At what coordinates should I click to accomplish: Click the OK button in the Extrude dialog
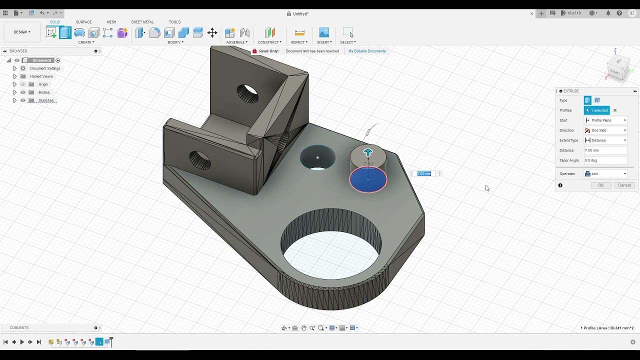[x=601, y=185]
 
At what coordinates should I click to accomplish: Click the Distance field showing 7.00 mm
[x=605, y=150]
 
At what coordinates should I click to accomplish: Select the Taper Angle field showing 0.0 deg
[x=605, y=160]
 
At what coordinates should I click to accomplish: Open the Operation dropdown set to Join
[x=605, y=174]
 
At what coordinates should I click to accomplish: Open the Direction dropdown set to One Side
[x=605, y=130]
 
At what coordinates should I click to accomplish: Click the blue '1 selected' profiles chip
[x=597, y=110]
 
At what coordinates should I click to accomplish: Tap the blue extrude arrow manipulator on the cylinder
[x=368, y=152]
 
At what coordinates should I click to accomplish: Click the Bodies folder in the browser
[x=44, y=92]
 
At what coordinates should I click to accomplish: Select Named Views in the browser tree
[x=41, y=76]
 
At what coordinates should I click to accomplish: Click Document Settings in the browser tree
[x=45, y=68]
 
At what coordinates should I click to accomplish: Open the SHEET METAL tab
[x=142, y=22]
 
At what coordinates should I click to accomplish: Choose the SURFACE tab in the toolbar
[x=83, y=22]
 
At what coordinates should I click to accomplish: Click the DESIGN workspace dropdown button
[x=22, y=32]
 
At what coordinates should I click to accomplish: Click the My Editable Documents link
[x=367, y=51]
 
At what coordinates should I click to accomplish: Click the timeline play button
[x=22, y=342]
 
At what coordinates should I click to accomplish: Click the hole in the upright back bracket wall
[x=247, y=93]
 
